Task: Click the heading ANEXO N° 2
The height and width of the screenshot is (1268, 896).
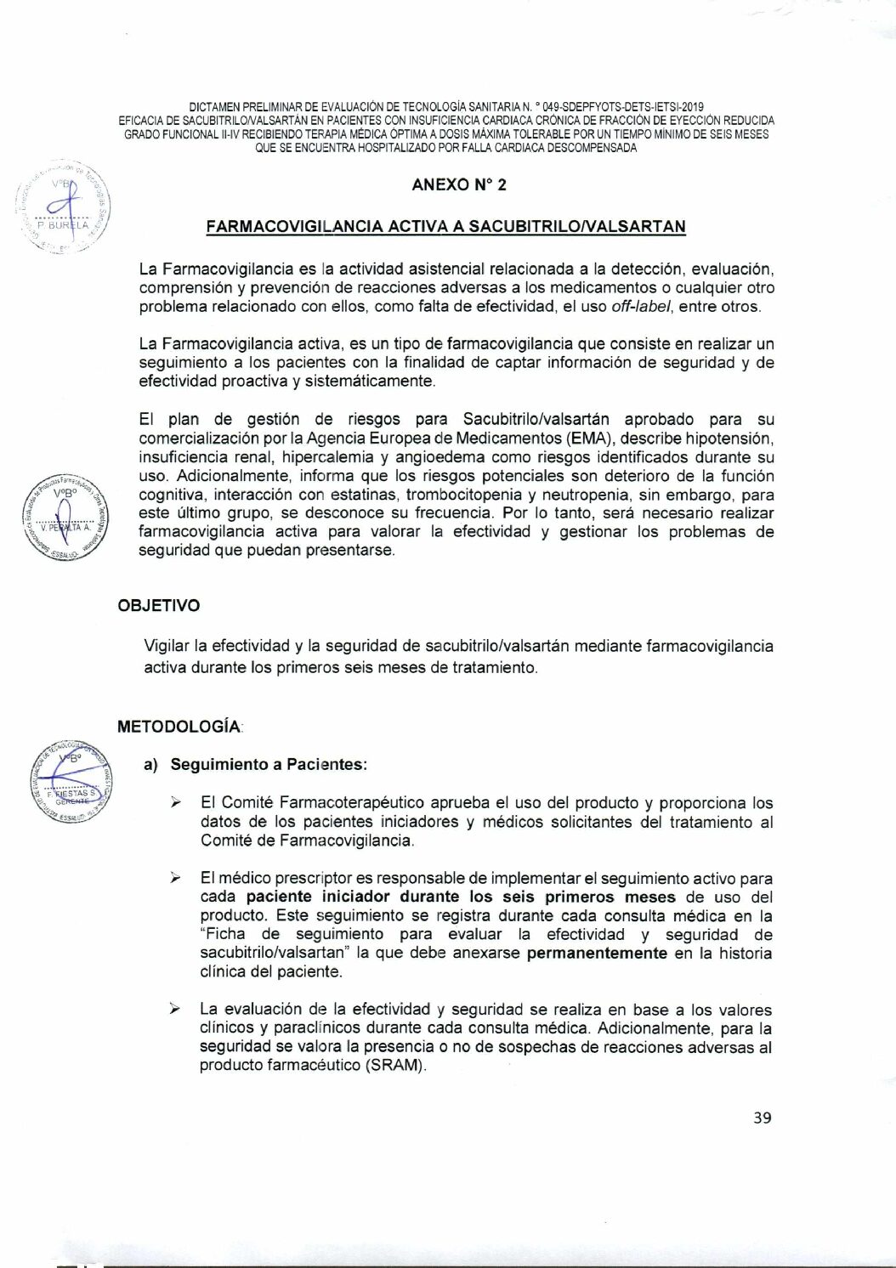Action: pos(459,184)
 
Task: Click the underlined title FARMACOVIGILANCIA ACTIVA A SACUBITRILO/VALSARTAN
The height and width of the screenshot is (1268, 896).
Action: pos(445,226)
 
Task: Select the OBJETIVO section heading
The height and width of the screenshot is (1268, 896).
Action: pos(159,605)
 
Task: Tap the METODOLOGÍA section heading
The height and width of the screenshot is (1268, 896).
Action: pos(179,727)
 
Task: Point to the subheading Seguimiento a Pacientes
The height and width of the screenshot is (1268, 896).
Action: pos(268,764)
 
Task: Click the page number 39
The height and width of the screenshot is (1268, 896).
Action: pos(763,1118)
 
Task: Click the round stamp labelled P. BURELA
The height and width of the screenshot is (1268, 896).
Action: pos(66,210)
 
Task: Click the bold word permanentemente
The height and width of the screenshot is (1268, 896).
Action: pos(597,953)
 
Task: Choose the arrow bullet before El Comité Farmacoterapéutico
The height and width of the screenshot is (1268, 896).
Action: pos(175,802)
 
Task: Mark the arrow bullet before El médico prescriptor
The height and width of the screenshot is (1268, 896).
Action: pos(175,877)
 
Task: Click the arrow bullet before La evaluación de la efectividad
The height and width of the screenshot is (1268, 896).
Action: pos(175,1009)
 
